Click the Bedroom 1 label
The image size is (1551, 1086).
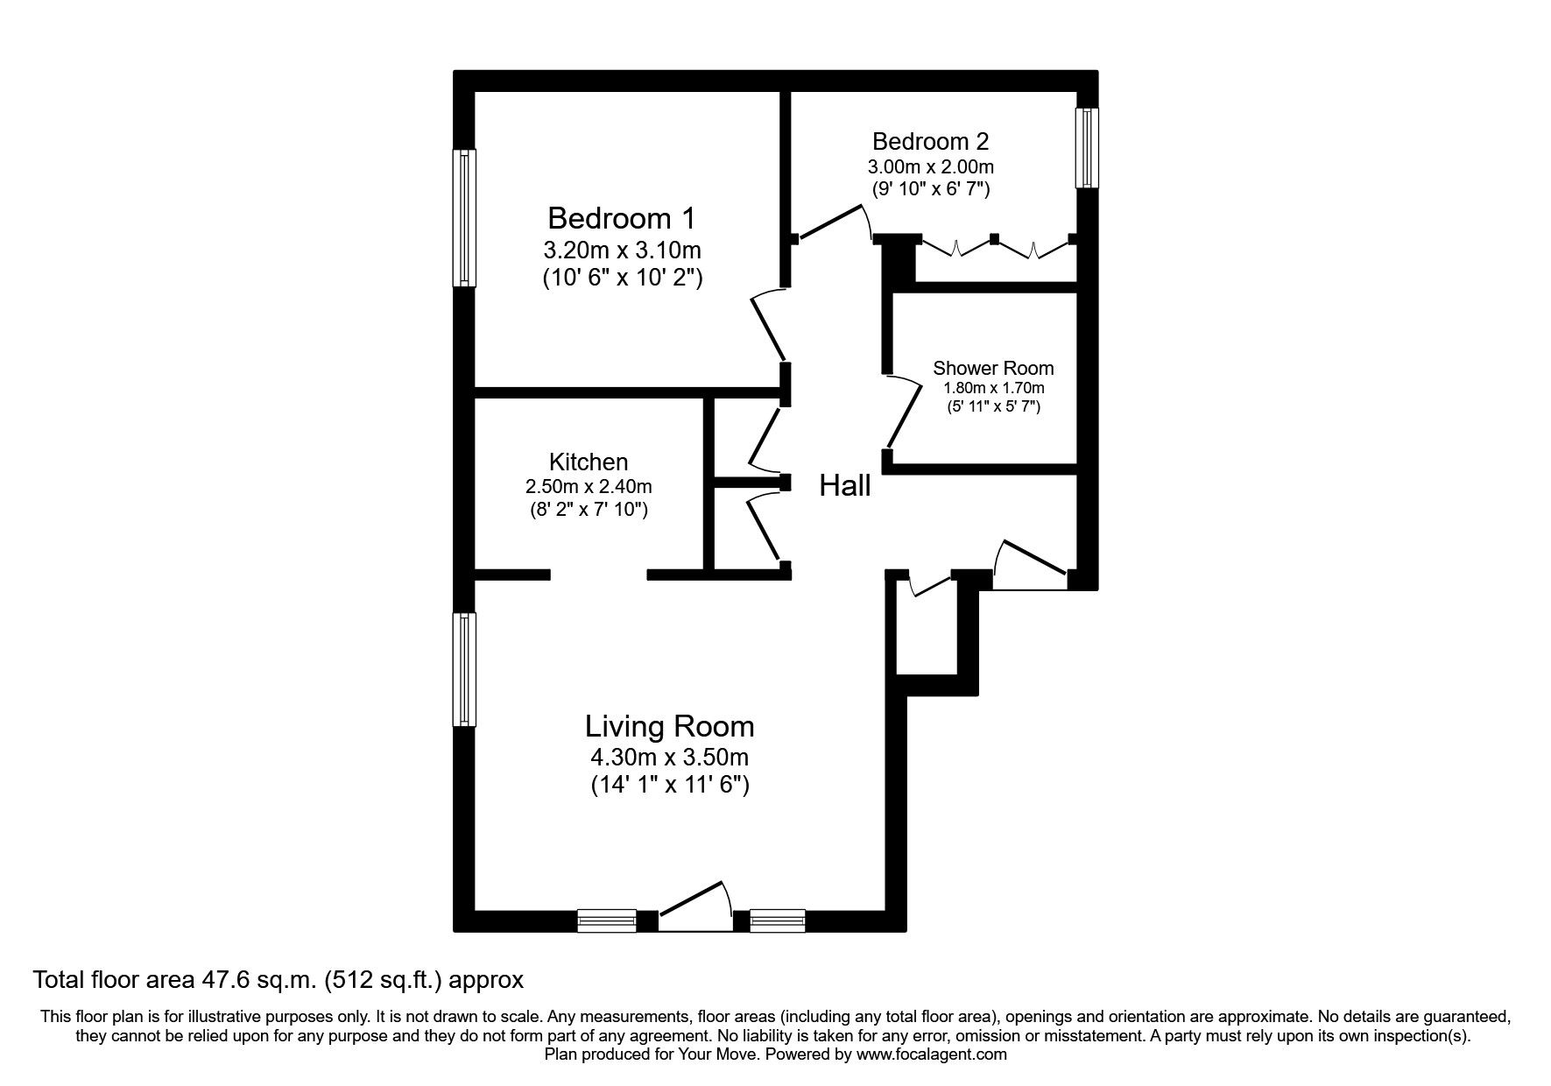coord(621,217)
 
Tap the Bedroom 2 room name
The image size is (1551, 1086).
coord(930,141)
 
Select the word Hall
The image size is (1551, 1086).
coord(844,486)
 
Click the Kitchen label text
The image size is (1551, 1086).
coord(588,462)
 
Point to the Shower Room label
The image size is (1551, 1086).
coord(992,368)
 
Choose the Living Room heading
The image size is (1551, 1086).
coord(669,726)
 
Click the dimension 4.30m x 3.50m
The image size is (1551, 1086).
coord(669,756)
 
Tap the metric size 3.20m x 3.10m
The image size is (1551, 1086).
coord(622,250)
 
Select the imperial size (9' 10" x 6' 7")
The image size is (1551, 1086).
coord(930,188)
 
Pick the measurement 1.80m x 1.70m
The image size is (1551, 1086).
coord(993,388)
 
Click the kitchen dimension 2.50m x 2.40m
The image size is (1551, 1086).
coord(588,486)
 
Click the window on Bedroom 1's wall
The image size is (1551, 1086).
coord(464,217)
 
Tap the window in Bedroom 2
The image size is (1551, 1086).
coord(1087,147)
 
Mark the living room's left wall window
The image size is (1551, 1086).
coord(464,669)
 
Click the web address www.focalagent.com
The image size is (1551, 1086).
coord(931,1054)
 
